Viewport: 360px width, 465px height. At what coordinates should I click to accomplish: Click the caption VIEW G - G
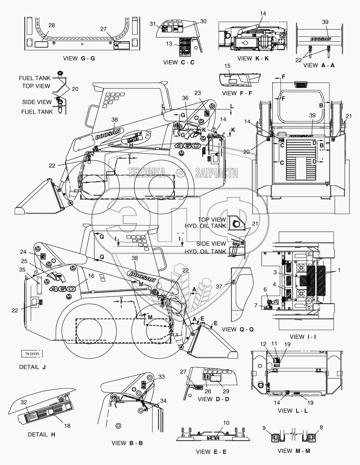79,59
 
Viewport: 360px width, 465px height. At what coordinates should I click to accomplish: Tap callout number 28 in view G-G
52,25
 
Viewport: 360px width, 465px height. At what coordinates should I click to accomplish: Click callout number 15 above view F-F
227,66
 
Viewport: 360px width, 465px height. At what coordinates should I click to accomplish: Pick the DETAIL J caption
32,367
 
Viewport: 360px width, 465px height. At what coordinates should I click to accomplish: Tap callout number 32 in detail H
23,401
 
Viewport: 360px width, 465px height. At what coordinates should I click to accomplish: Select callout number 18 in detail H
67,426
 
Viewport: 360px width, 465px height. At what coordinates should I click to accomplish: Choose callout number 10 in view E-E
226,423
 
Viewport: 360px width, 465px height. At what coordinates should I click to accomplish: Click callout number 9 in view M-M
264,428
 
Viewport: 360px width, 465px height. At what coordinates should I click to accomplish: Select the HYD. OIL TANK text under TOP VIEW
205,226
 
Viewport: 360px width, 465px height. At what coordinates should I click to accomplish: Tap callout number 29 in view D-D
225,392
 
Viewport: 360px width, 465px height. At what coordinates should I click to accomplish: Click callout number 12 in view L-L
263,344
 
